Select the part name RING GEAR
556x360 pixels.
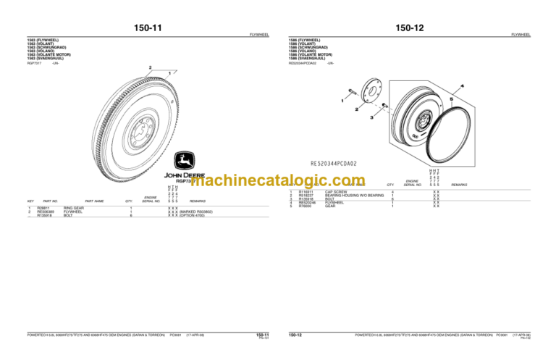pyautogui.click(x=74, y=208)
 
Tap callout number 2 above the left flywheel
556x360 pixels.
pyautogui.click(x=151, y=68)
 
